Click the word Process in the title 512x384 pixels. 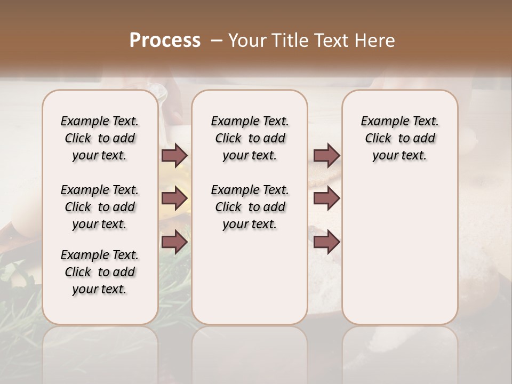pyautogui.click(x=165, y=41)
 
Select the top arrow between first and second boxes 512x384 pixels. pyautogui.click(x=174, y=156)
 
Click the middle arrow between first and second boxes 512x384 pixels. pyautogui.click(x=174, y=198)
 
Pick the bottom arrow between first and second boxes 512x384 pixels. pyautogui.click(x=174, y=242)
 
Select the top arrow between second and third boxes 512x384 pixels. pyautogui.click(x=326, y=156)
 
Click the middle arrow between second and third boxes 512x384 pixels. pyautogui.click(x=326, y=198)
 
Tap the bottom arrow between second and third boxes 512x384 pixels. pyautogui.click(x=326, y=242)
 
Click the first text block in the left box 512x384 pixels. pyautogui.click(x=100, y=138)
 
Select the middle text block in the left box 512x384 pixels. pyautogui.click(x=100, y=207)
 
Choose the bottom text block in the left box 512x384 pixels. pyautogui.click(x=100, y=272)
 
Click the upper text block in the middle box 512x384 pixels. pyautogui.click(x=250, y=138)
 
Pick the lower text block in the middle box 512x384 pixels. pyautogui.click(x=250, y=207)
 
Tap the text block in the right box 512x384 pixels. pyautogui.click(x=399, y=138)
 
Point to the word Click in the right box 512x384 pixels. pyautogui.click(x=378, y=139)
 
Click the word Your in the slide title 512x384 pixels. pyautogui.click(x=247, y=41)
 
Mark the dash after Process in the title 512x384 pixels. pyautogui.click(x=217, y=41)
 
